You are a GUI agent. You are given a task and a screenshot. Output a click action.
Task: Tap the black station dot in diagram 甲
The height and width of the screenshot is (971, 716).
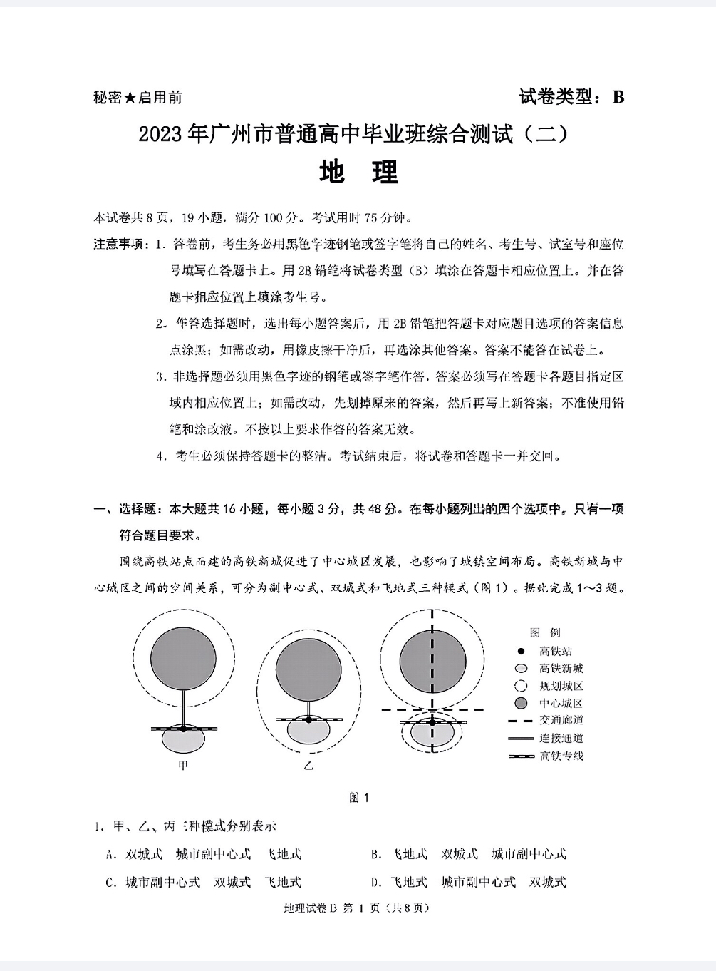[183, 729]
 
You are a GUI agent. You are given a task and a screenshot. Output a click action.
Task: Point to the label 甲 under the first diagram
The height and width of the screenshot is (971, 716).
[183, 766]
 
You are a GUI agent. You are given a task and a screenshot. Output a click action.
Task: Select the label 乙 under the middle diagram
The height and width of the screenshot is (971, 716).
[308, 766]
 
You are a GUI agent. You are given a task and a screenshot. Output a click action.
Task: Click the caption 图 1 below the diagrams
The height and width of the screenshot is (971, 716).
[359, 798]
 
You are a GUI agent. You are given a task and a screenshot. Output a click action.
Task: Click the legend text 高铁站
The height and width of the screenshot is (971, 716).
[556, 651]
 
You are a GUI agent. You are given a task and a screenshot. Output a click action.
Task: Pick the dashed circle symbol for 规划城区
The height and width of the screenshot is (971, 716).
[521, 686]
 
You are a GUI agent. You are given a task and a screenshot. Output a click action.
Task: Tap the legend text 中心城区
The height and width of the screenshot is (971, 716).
[561, 704]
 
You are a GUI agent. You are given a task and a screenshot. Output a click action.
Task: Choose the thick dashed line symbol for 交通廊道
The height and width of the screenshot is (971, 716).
[521, 721]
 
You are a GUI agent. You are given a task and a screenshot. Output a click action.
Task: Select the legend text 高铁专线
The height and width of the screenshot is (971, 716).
[561, 756]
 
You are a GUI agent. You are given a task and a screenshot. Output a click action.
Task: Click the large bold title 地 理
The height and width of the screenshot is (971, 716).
[358, 172]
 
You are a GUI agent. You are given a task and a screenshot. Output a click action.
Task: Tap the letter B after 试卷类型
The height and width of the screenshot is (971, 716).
[618, 97]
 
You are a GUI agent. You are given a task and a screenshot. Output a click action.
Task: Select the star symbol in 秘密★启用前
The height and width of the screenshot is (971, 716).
[130, 98]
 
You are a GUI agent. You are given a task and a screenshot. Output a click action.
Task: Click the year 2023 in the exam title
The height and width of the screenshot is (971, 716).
[161, 135]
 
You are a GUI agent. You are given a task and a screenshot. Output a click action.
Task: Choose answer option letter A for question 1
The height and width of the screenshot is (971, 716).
[111, 854]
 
